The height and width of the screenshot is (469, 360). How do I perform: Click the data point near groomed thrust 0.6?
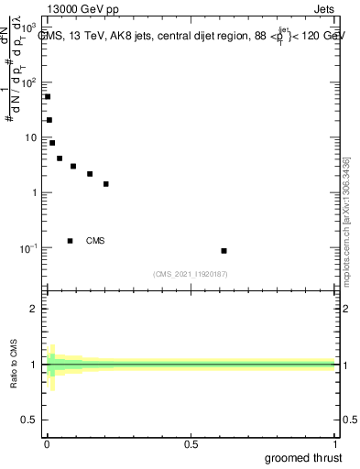click(x=224, y=251)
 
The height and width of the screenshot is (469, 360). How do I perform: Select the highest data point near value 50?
click(x=48, y=96)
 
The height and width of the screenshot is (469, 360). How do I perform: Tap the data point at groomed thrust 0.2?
click(x=106, y=184)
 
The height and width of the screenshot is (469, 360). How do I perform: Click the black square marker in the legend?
click(x=71, y=241)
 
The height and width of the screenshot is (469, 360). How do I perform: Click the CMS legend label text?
click(x=95, y=241)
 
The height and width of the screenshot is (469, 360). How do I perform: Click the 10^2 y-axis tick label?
click(x=31, y=82)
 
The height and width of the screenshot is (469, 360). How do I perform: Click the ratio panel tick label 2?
click(x=35, y=309)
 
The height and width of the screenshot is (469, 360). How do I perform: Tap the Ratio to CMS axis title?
click(x=14, y=365)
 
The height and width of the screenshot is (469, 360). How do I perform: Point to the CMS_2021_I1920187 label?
click(x=191, y=274)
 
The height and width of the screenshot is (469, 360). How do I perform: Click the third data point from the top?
click(x=52, y=143)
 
